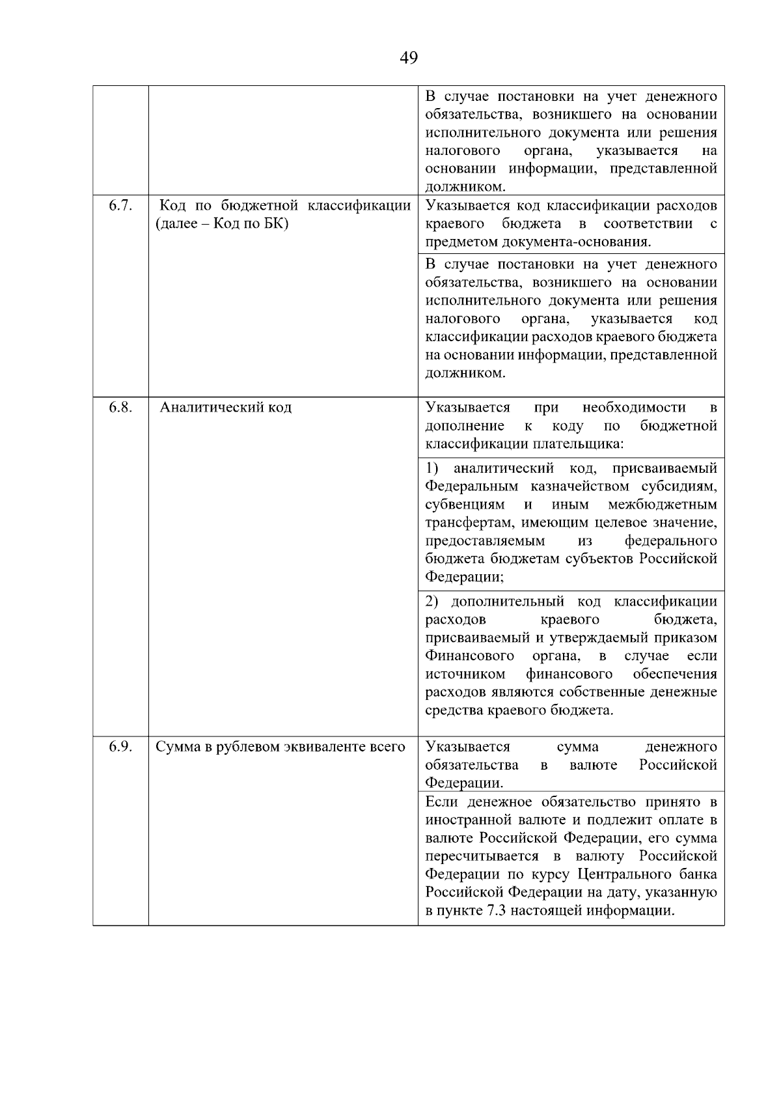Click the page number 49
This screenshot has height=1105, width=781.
pyautogui.click(x=409, y=58)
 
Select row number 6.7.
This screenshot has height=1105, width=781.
pyautogui.click(x=120, y=206)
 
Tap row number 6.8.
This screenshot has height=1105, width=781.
pyautogui.click(x=120, y=408)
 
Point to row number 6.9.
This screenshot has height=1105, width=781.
pyautogui.click(x=120, y=747)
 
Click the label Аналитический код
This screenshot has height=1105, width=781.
pyautogui.click(x=226, y=408)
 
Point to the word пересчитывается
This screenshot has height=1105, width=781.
pyautogui.click(x=482, y=856)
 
